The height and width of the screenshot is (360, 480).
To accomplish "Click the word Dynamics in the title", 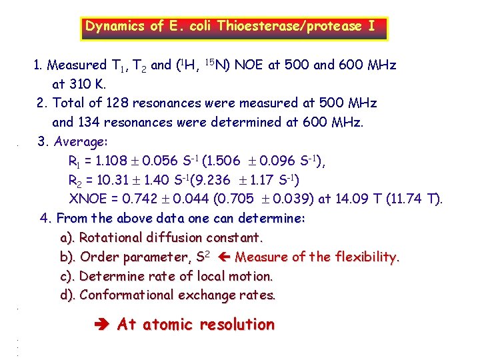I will click(115, 27).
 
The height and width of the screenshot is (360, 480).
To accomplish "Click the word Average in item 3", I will click(78, 142).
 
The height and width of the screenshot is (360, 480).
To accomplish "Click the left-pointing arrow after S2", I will click(223, 257).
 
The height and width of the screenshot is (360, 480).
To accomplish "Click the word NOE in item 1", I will click(249, 65).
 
